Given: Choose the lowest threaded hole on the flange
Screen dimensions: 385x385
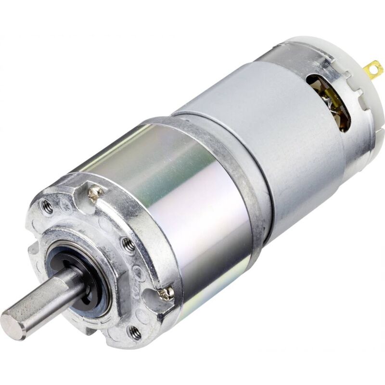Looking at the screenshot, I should click(135, 332).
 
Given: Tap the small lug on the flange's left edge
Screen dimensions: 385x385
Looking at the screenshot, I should click(33, 250).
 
